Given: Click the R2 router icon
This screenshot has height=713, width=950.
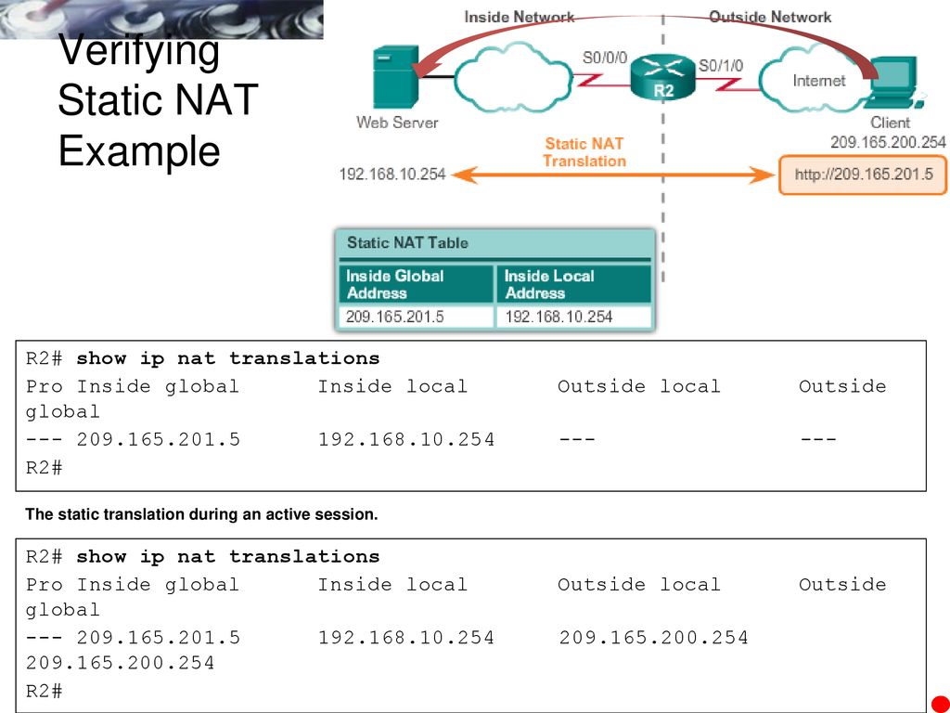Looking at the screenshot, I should (662, 76).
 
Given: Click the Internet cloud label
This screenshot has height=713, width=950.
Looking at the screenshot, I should (818, 81).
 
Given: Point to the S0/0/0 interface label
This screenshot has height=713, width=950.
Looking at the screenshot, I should (606, 58).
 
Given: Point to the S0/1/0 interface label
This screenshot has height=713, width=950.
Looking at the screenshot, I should (720, 65).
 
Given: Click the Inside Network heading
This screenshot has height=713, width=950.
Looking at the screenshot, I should (519, 17).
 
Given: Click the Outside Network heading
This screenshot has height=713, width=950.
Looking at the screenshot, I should (770, 17).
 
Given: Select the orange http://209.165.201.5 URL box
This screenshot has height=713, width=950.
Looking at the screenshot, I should (862, 175).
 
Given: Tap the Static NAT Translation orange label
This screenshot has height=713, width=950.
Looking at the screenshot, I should (584, 152).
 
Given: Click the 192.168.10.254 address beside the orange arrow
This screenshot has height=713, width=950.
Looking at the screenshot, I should (392, 174).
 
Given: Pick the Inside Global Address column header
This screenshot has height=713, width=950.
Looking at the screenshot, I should (415, 284).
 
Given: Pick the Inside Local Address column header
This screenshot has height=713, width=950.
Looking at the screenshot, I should (572, 284).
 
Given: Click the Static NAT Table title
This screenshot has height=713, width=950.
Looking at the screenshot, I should (407, 243).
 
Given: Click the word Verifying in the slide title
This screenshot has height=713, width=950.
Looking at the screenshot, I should (139, 50).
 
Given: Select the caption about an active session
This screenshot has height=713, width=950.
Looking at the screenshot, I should (202, 514).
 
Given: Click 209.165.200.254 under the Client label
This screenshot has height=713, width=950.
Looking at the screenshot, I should (888, 142).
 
